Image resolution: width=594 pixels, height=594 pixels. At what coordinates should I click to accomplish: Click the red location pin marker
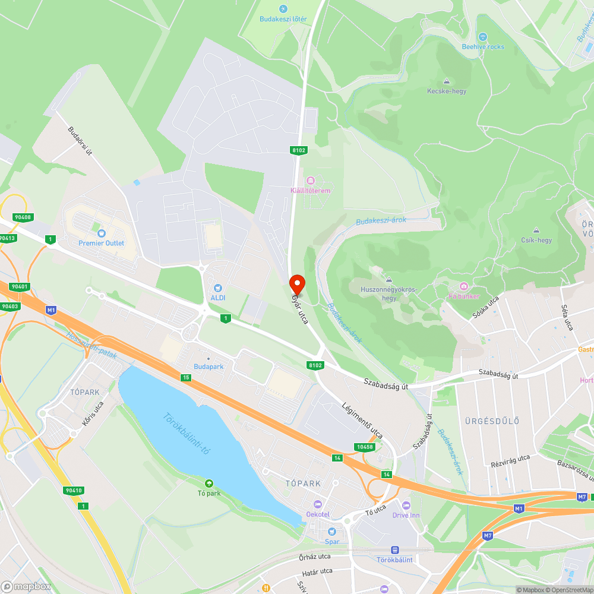point(296,285)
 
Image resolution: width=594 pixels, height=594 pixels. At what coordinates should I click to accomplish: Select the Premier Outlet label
point(101,243)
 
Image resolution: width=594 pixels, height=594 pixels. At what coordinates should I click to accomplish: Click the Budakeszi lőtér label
point(283,19)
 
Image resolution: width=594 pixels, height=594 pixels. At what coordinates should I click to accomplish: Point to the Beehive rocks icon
point(482,37)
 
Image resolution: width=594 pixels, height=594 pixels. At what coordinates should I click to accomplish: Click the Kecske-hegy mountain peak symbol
point(447,82)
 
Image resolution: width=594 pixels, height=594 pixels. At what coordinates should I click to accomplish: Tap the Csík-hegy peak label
point(536,241)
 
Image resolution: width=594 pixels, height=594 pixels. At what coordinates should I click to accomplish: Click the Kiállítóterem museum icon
point(309,181)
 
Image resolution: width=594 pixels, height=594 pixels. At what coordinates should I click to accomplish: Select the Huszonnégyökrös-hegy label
point(389,293)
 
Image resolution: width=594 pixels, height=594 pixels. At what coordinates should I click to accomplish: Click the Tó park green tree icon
point(208,484)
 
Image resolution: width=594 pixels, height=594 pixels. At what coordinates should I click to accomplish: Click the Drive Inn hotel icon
point(406,505)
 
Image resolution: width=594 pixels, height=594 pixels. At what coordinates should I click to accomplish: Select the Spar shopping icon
point(332,532)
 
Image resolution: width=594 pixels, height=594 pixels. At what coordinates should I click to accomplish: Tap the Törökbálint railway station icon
point(394,551)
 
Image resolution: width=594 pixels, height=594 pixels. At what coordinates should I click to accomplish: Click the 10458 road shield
point(365,447)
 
